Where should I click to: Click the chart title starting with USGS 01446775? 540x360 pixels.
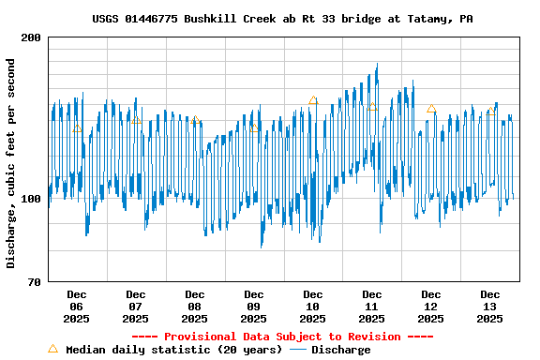[282, 18]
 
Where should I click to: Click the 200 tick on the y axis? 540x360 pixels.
[30, 37]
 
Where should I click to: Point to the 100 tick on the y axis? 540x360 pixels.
[30, 199]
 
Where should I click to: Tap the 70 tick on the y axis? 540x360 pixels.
[34, 282]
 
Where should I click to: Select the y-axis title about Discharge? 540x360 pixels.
[11, 163]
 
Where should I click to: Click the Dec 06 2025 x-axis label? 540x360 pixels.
[76, 307]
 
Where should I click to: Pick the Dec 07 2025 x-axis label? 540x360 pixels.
[135, 307]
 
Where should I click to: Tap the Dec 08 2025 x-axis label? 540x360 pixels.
[194, 307]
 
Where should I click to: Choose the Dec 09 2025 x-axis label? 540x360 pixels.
[253, 307]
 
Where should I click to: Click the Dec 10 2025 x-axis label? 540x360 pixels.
[312, 307]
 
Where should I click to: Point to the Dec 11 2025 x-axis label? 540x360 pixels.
[371, 307]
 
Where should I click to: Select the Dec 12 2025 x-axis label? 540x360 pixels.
[430, 307]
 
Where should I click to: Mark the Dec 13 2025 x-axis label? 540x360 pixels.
[489, 307]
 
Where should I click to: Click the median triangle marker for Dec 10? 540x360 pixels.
[313, 100]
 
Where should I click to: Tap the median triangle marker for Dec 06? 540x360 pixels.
[77, 127]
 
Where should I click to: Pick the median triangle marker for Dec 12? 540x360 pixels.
[431, 109]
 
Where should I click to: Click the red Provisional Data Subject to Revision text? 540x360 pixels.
[282, 337]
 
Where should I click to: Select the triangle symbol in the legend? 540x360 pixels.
[52, 349]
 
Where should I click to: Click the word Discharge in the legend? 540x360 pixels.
[340, 350]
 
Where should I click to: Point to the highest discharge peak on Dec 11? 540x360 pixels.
[377, 65]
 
